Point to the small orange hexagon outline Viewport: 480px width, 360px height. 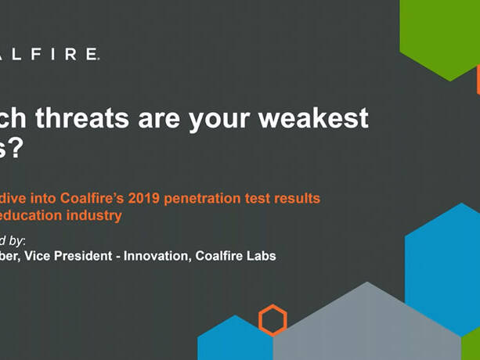(272, 319)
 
